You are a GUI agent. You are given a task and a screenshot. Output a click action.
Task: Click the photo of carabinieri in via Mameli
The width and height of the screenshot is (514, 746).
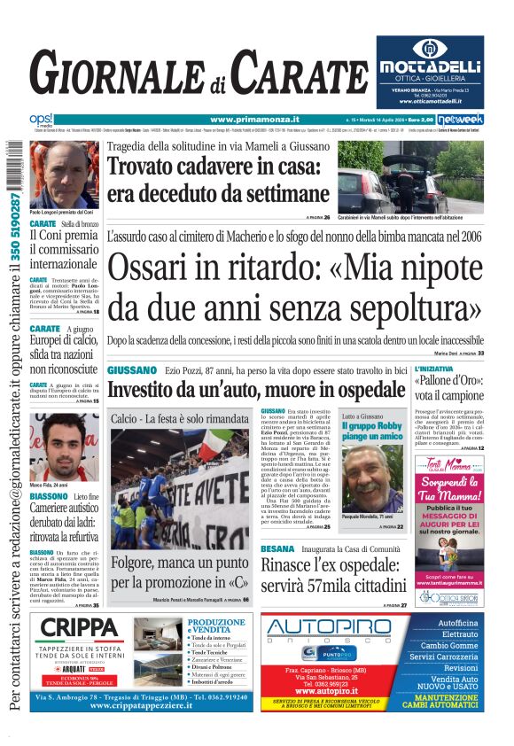click(410, 176)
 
